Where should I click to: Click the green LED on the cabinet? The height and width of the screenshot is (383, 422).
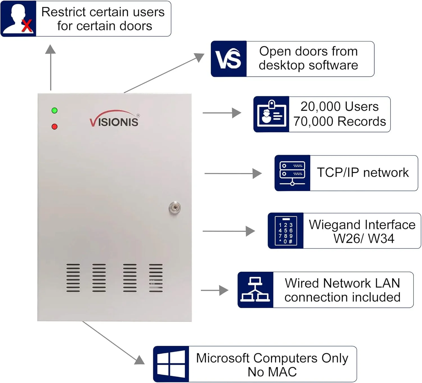pos(55,111)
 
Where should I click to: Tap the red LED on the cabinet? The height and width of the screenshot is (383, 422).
pos(55,127)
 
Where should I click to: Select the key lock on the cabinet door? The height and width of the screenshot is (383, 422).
pos(175,208)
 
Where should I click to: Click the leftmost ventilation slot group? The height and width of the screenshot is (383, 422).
pos(73,278)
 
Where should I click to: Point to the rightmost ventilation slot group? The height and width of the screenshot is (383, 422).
pos(156,278)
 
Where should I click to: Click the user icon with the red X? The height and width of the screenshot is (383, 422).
pos(19,19)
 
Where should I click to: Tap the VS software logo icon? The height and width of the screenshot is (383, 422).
pos(229,59)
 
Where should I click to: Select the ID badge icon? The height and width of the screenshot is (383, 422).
pos(271,114)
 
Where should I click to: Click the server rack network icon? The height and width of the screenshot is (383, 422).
pos(292,173)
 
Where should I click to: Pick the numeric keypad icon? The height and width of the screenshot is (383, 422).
pos(286,231)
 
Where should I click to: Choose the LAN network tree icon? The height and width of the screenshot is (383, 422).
pos(255,290)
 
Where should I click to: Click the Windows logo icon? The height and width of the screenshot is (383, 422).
pos(171,364)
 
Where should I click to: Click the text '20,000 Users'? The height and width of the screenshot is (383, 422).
pos(339,107)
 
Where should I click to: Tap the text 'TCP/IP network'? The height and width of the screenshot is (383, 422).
pos(363,173)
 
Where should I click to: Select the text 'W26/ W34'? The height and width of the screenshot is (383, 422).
pos(364,239)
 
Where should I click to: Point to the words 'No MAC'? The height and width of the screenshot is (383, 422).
pos(272,372)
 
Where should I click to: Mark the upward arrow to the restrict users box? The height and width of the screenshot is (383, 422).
pos(51,68)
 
